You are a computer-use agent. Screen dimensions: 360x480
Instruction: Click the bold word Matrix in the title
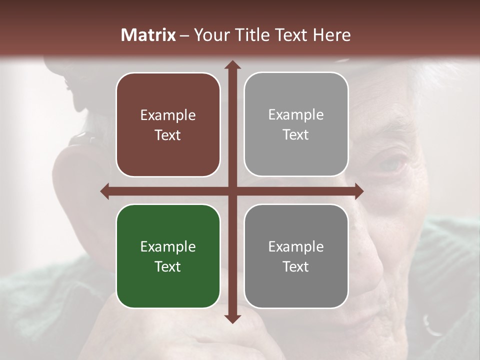(148, 35)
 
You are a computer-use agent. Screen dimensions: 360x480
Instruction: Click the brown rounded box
(168, 124)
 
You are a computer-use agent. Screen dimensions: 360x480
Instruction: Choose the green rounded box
(168, 256)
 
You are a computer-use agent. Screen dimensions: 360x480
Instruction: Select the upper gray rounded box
(296, 124)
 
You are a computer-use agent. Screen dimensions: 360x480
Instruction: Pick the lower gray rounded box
(296, 256)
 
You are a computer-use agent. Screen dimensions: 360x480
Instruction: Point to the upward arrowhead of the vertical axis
(232, 64)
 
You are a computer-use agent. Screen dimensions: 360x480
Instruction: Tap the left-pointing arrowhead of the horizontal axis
(104, 191)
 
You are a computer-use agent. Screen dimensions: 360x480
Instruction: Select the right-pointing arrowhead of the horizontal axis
(359, 191)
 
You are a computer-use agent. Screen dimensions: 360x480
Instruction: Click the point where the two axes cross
(232, 191)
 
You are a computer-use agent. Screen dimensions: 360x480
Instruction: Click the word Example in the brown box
(168, 115)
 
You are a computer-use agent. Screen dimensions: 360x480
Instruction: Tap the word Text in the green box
(168, 266)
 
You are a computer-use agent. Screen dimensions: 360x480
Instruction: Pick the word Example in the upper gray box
(296, 115)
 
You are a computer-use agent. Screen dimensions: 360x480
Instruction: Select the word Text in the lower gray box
(296, 266)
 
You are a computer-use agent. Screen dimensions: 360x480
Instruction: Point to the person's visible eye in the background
(387, 164)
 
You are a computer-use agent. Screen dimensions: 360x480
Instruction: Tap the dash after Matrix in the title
(184, 35)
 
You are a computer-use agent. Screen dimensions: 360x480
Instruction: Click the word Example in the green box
(168, 247)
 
